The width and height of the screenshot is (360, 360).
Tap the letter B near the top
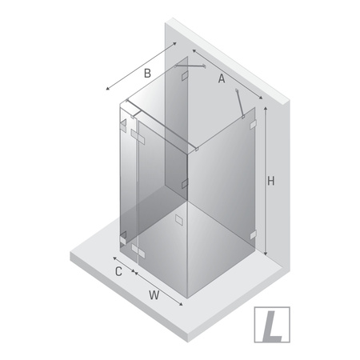[x=146, y=74]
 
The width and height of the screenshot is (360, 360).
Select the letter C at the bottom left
[x=118, y=273]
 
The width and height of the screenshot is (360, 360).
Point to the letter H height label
[x=271, y=182]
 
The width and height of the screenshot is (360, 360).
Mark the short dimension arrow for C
[x=122, y=266]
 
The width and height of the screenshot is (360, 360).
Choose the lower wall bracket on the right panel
[x=254, y=235]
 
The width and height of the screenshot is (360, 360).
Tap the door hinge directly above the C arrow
[x=122, y=238]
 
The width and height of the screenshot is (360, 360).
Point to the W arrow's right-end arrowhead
[x=186, y=306]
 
